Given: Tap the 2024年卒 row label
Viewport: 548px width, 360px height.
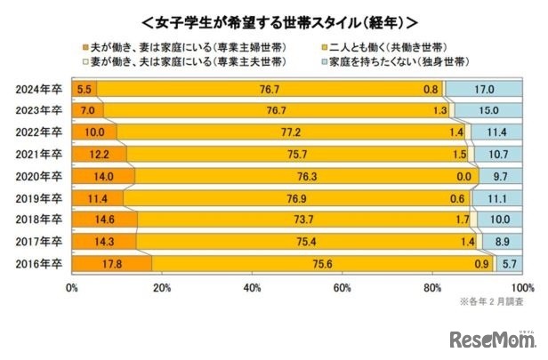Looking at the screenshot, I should coord(38,88).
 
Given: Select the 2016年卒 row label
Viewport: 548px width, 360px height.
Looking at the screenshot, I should coord(38,264).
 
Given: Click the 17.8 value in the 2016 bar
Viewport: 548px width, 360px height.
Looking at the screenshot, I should coord(110,264).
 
